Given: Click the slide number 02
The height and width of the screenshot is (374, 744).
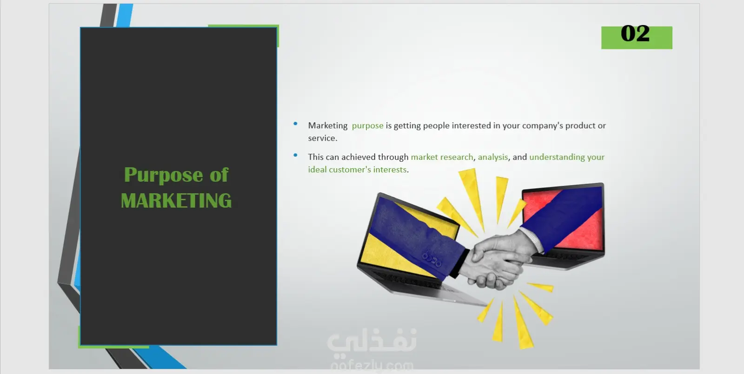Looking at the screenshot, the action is [x=635, y=33].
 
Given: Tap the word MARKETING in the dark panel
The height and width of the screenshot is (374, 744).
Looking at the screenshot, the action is [x=176, y=201].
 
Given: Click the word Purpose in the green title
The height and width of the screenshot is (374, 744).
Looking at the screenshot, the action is [x=163, y=175].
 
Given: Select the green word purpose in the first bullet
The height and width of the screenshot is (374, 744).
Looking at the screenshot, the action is [x=367, y=126].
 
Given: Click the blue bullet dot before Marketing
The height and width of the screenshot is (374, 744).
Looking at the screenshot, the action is [x=295, y=124].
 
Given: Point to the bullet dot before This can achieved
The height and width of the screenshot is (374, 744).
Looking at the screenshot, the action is [x=295, y=155].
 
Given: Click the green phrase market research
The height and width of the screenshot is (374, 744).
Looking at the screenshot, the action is [x=442, y=157].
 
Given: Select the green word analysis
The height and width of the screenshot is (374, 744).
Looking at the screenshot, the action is [x=493, y=157].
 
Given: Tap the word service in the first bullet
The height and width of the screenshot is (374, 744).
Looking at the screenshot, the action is [x=321, y=138].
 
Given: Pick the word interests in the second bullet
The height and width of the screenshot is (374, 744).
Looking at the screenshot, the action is [x=390, y=170].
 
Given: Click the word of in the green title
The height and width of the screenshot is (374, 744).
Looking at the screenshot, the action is [x=219, y=175].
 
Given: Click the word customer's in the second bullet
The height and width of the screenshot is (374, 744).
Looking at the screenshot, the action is [x=350, y=170].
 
